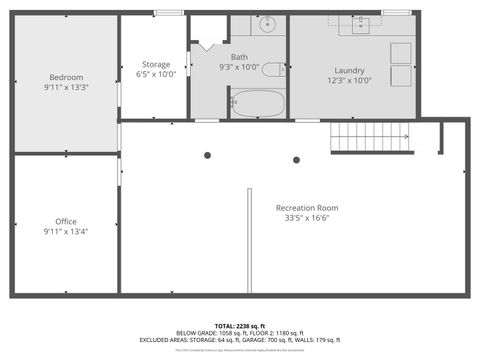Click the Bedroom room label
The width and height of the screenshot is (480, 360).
pyautogui.click(x=66, y=77)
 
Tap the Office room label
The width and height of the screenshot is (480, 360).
pyautogui.click(x=66, y=221)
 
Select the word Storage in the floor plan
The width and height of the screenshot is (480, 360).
pyautogui.click(x=154, y=64)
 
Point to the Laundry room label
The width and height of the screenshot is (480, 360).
pyautogui.click(x=349, y=71)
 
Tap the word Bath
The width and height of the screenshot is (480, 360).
pyautogui.click(x=240, y=57)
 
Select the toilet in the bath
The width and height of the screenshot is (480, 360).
pyautogui.click(x=273, y=69)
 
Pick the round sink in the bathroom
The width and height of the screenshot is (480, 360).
pyautogui.click(x=267, y=25)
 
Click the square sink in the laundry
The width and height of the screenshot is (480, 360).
pyautogui.click(x=361, y=25)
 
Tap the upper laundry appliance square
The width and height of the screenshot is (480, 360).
pyautogui.click(x=401, y=53)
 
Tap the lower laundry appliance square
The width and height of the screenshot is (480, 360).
pyautogui.click(x=401, y=76)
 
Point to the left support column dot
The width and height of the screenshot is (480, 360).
pyautogui.click(x=208, y=155)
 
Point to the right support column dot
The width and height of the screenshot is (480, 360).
pyautogui.click(x=296, y=160)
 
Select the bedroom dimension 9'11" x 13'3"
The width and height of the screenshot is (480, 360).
pyautogui.click(x=66, y=87)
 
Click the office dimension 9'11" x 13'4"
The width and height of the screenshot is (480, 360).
pyautogui.click(x=66, y=231)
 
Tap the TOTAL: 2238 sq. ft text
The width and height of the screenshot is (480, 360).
pyautogui.click(x=240, y=326)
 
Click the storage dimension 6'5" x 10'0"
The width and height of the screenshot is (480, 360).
pyautogui.click(x=154, y=74)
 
